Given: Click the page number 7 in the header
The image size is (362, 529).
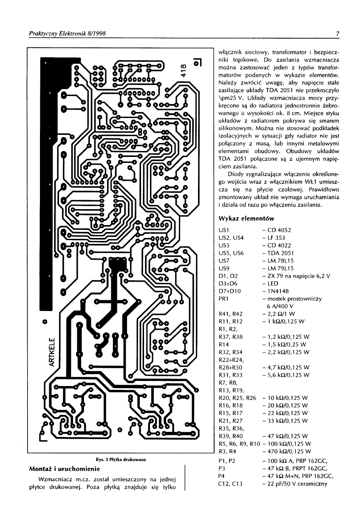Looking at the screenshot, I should pos(337,34).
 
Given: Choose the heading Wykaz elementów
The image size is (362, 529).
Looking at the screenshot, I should pos(246,219).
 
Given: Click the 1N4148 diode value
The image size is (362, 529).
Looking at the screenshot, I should pos(277,291).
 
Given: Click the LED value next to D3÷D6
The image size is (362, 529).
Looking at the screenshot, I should pos(272,284).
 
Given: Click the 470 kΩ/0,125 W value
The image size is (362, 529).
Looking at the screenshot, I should pos(289,451).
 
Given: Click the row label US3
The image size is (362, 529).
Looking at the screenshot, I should pos(223,246).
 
